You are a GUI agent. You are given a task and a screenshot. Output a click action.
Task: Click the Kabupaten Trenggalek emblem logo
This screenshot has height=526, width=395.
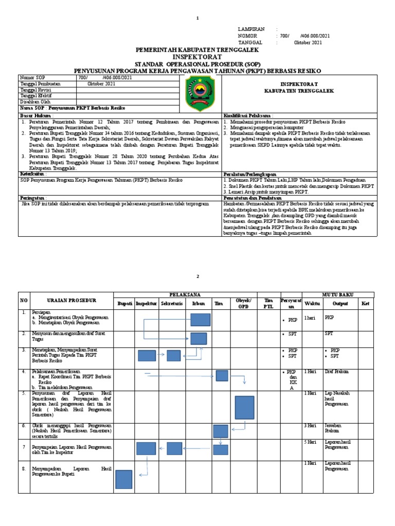click(197, 93)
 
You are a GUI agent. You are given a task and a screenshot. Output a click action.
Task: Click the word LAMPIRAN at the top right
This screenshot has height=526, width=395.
click(250, 29)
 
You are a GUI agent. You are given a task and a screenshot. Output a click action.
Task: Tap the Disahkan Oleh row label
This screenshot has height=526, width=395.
click(35, 102)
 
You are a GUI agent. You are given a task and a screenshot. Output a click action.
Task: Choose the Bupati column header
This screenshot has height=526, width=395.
click(125, 304)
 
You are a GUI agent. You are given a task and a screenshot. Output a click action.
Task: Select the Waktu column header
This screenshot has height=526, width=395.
click(312, 304)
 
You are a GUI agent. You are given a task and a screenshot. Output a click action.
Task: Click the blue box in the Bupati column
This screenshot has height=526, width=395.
click(124, 480)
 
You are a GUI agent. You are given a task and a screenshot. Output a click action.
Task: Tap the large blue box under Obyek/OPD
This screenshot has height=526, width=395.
click(244, 408)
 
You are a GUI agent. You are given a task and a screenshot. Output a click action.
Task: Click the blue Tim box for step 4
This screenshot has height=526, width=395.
click(222, 375)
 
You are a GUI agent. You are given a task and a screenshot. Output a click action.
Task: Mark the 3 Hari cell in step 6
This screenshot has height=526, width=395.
click(310, 426)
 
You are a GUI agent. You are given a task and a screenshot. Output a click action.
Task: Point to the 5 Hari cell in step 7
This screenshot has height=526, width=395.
click(310, 442)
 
